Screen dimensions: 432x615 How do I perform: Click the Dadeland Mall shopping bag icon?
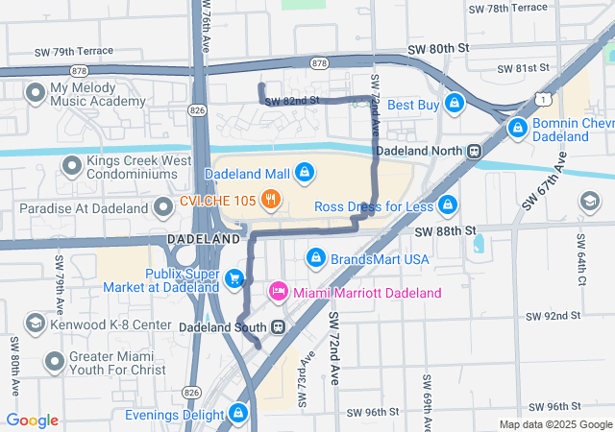[x=304, y=172]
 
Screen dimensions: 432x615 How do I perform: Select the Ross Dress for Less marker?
[x=447, y=205]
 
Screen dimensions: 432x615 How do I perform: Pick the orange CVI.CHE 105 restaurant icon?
[x=272, y=200]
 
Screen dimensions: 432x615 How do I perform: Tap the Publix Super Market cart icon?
[x=234, y=278]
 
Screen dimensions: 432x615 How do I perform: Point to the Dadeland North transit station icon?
[x=474, y=151]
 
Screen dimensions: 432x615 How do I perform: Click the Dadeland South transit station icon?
[x=278, y=326]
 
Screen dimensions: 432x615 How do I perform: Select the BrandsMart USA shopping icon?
[x=315, y=257]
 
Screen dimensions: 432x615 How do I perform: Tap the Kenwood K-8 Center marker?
[x=35, y=323]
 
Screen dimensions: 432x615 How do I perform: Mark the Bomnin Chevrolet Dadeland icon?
[x=518, y=127]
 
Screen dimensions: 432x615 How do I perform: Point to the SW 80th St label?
[x=439, y=47]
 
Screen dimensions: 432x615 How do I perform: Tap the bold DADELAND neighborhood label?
[x=203, y=237]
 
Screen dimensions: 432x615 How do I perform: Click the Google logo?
[x=32, y=420]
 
